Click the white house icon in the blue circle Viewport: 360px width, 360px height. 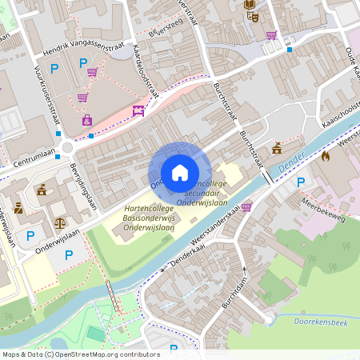tap(180, 173)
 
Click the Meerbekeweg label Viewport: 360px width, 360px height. tap(324, 213)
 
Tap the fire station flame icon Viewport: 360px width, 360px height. tap(325, 157)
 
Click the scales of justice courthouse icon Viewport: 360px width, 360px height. tap(60, 222)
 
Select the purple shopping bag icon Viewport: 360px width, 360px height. tap(86, 121)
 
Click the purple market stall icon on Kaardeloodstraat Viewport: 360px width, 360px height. tap(138, 111)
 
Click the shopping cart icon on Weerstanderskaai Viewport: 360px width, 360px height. tap(246, 206)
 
